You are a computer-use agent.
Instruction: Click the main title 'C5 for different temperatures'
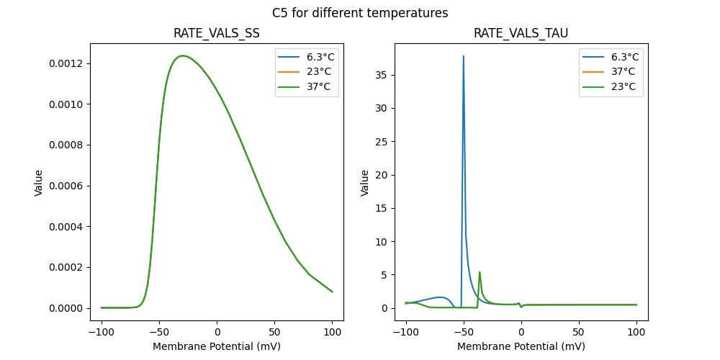[x=360, y=13]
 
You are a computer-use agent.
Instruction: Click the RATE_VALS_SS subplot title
[x=217, y=33]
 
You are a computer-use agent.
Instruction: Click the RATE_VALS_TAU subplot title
[x=521, y=33]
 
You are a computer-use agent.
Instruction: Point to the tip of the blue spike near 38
[x=463, y=55]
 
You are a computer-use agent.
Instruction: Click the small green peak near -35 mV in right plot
[x=480, y=272]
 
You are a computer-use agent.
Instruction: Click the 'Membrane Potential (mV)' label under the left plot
[x=217, y=346]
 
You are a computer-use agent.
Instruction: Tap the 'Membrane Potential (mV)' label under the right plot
[x=521, y=346]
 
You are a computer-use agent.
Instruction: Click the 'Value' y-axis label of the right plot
[x=365, y=183]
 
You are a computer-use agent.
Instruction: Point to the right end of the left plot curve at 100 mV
[x=332, y=292]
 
